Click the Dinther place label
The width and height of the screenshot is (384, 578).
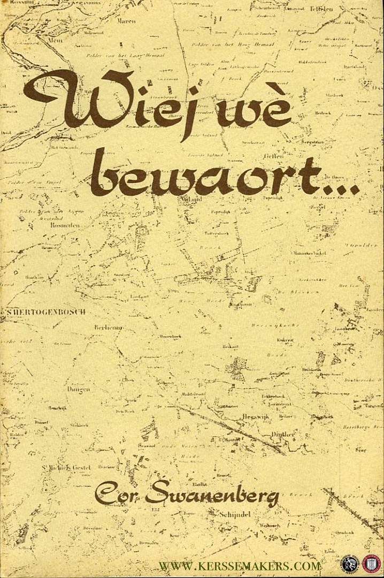[x=283, y=434]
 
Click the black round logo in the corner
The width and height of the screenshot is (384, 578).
[x=350, y=563]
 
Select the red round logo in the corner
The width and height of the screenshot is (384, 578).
[x=371, y=563]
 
